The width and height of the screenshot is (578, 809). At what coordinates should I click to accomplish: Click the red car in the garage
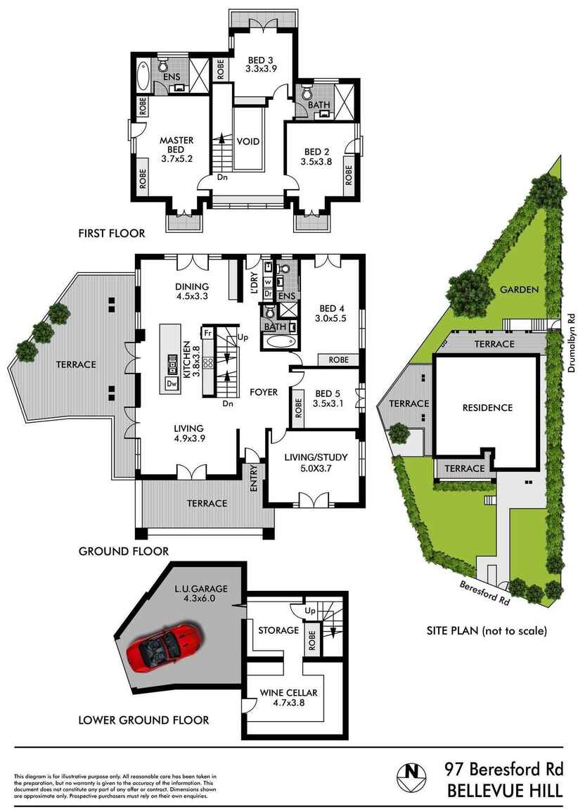165,647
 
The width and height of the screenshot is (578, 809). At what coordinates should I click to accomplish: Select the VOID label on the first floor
248,141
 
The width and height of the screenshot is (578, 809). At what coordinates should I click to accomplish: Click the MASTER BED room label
176,145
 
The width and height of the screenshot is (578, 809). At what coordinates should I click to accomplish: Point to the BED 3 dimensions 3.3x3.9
262,69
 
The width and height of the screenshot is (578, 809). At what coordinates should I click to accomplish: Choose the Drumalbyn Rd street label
571,343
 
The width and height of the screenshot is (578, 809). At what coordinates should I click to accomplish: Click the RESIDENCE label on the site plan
487,407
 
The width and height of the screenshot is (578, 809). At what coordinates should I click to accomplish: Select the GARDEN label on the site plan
519,289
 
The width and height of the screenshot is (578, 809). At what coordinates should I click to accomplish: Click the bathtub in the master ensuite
143,76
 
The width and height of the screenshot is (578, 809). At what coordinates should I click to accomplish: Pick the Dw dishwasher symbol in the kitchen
172,383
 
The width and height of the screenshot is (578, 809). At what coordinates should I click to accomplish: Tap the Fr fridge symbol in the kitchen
208,332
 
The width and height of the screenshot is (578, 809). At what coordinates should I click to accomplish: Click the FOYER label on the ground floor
264,392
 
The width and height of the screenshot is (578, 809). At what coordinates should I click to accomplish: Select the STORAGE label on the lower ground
278,630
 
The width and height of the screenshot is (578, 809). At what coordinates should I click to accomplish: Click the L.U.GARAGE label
201,588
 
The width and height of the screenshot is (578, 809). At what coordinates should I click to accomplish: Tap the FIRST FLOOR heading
112,233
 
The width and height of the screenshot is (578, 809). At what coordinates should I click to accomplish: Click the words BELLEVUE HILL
505,791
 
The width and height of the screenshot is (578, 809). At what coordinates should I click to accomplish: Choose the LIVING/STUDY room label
316,458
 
